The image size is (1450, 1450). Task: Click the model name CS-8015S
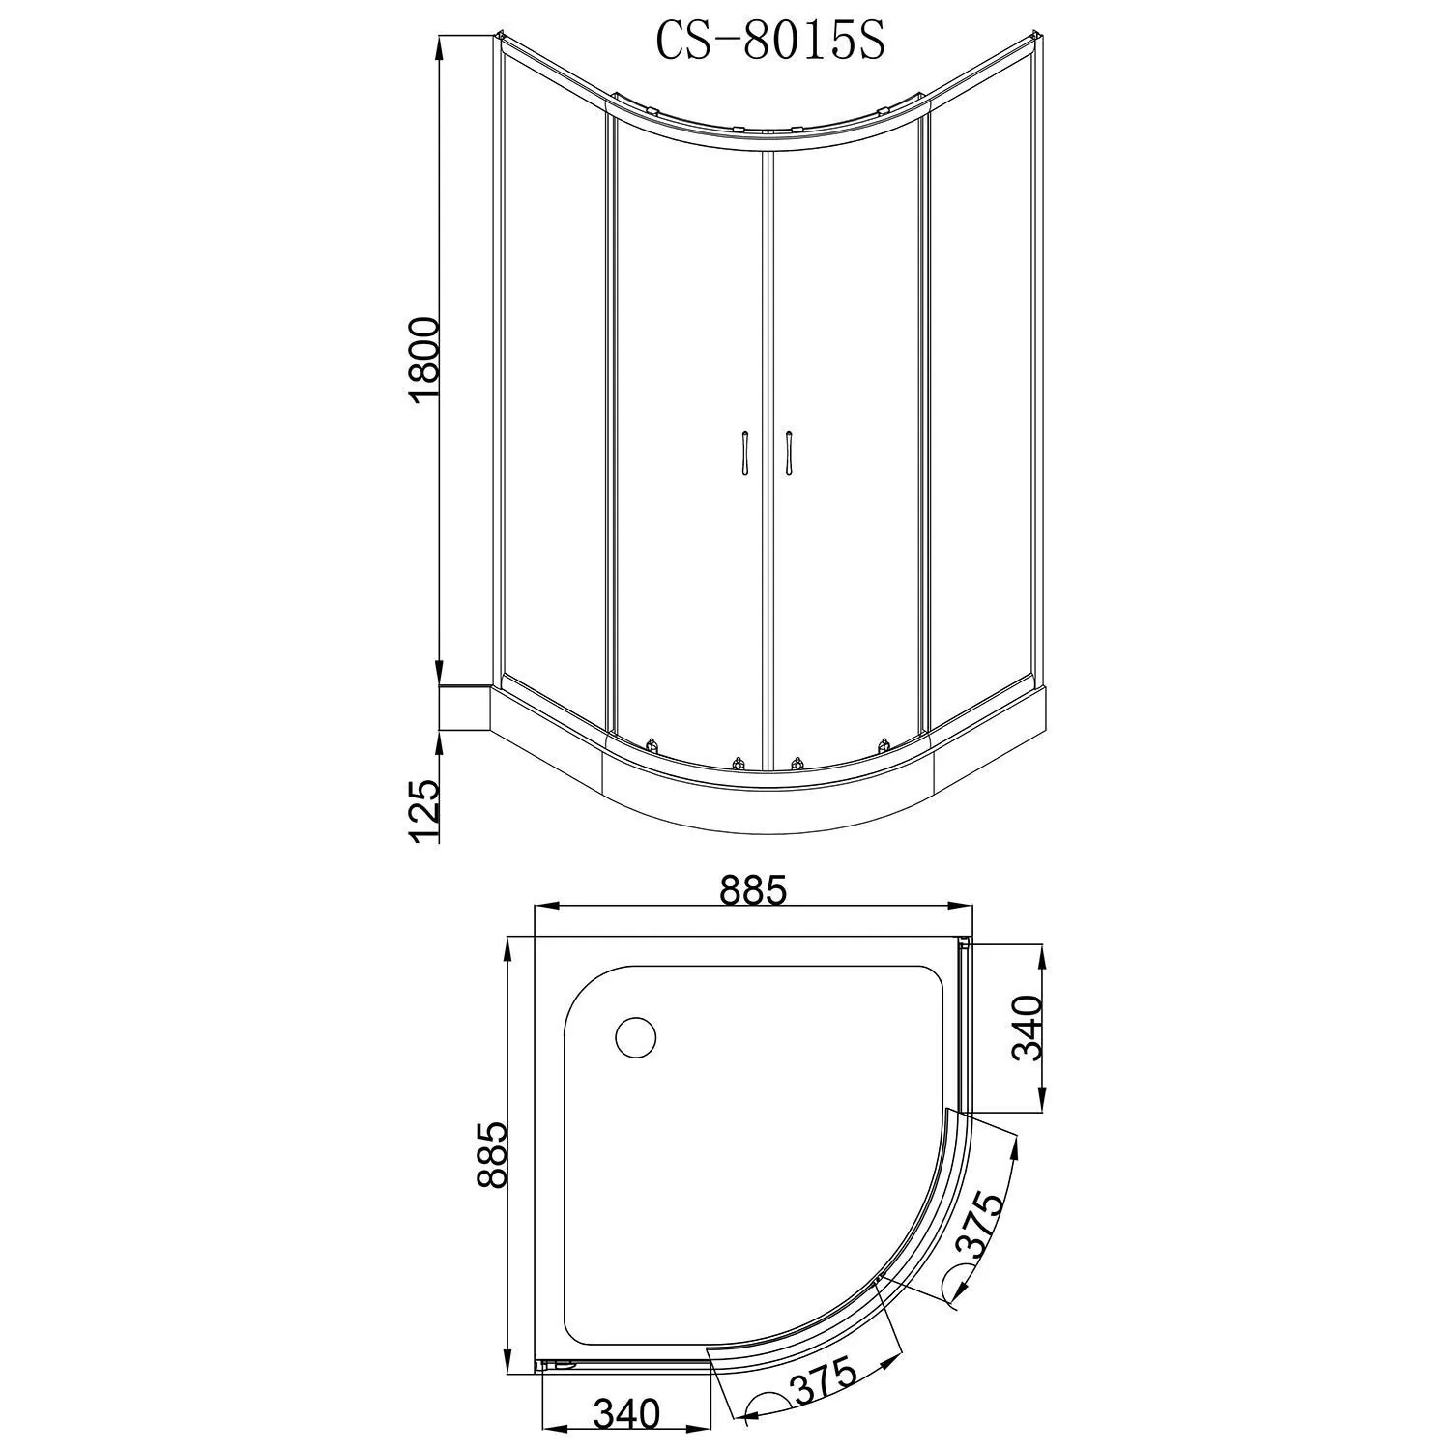coord(770,42)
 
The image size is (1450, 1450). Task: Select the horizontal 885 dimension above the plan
coord(753,890)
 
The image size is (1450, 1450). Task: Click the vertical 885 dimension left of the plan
coord(492,1154)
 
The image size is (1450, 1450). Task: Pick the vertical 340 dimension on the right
coord(1028,1027)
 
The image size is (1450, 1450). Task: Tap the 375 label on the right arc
coord(983,1224)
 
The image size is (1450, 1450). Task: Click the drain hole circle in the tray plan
coord(636,1037)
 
